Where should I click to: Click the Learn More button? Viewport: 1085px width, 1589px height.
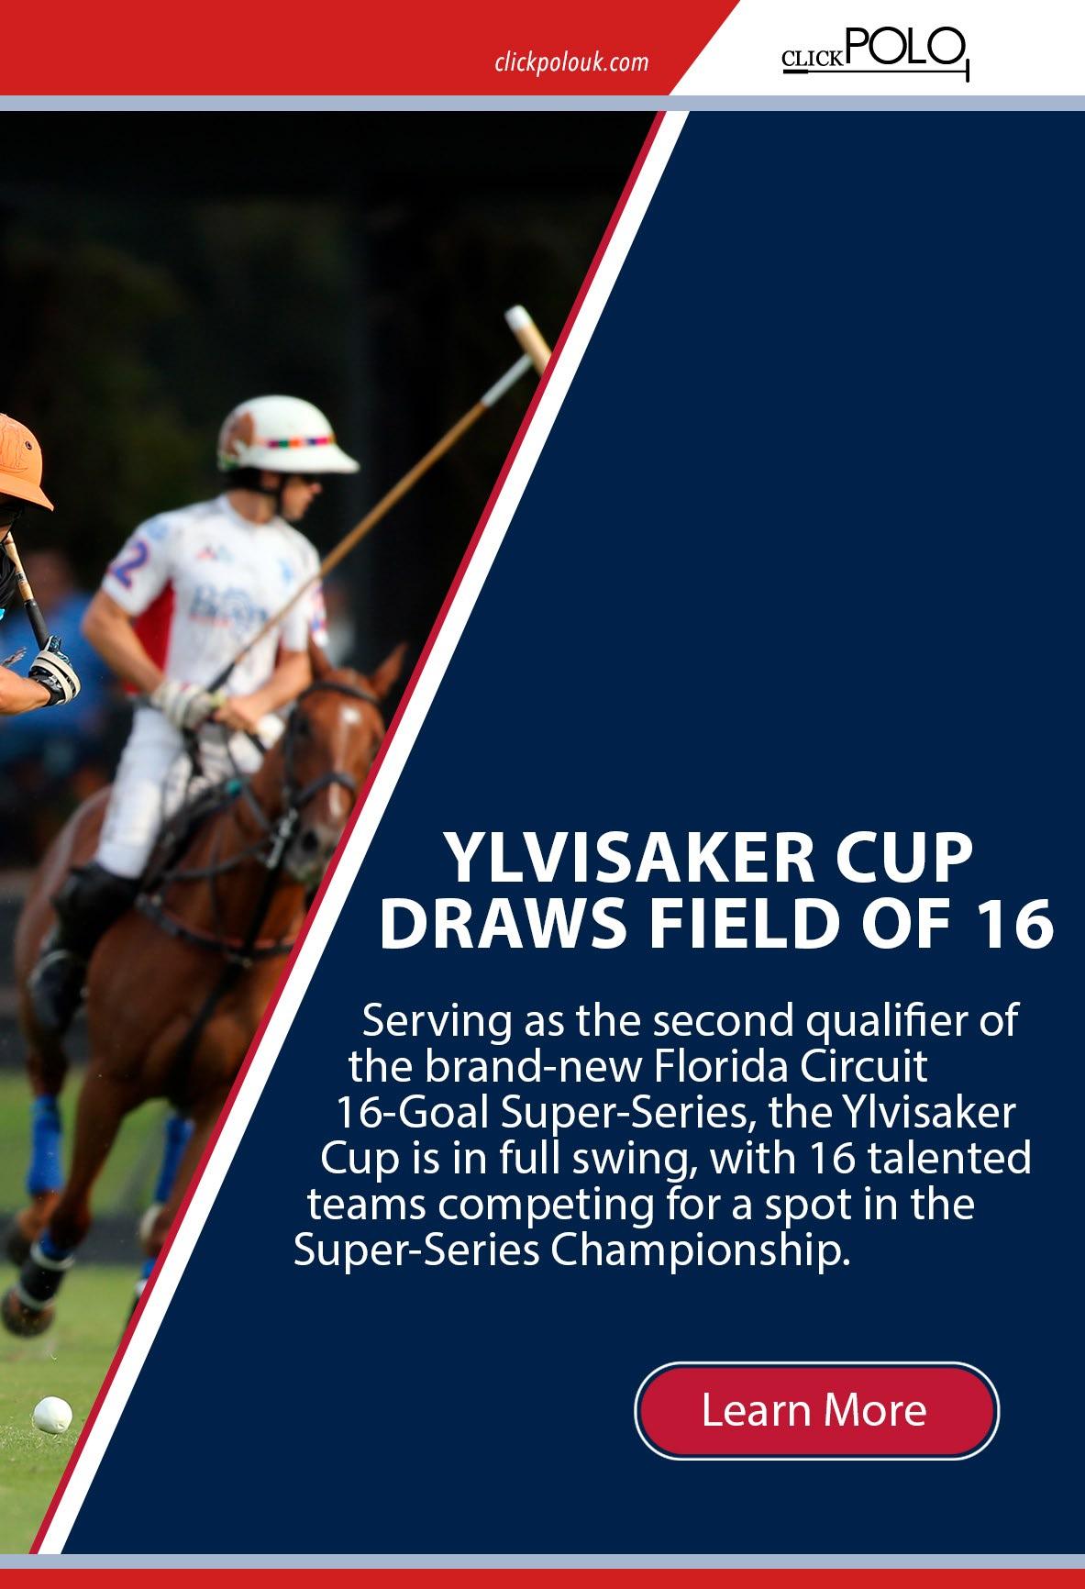816,1410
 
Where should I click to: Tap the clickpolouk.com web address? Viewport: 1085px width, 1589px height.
570,63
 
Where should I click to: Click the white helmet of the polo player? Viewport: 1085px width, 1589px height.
284,438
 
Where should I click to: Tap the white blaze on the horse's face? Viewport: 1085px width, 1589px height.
353,734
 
